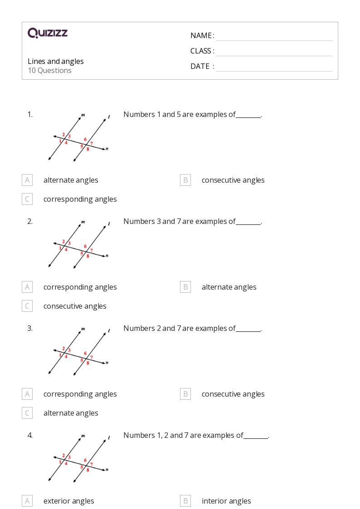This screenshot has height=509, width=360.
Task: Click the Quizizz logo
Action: point(48,33)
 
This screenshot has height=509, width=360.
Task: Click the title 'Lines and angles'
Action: point(56,61)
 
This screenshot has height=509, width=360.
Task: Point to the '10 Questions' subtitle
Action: point(49,71)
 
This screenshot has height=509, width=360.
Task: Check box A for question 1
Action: point(27,180)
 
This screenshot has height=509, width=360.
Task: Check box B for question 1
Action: point(185,180)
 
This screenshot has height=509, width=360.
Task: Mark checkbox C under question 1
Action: point(27,199)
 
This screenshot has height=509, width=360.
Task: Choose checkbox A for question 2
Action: point(27,287)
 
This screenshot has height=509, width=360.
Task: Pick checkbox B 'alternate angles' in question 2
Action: point(185,287)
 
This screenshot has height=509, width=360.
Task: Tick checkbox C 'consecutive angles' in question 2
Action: point(27,306)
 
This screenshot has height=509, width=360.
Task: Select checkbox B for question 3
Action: point(185,394)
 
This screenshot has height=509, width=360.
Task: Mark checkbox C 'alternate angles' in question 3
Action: point(27,413)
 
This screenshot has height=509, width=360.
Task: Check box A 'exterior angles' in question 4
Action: point(27,501)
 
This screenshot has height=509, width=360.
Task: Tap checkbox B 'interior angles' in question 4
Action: point(185,501)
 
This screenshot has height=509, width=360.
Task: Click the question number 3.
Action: point(30,328)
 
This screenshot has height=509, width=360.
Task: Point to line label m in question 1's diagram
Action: point(83,115)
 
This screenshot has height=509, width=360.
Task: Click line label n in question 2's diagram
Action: point(107,256)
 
